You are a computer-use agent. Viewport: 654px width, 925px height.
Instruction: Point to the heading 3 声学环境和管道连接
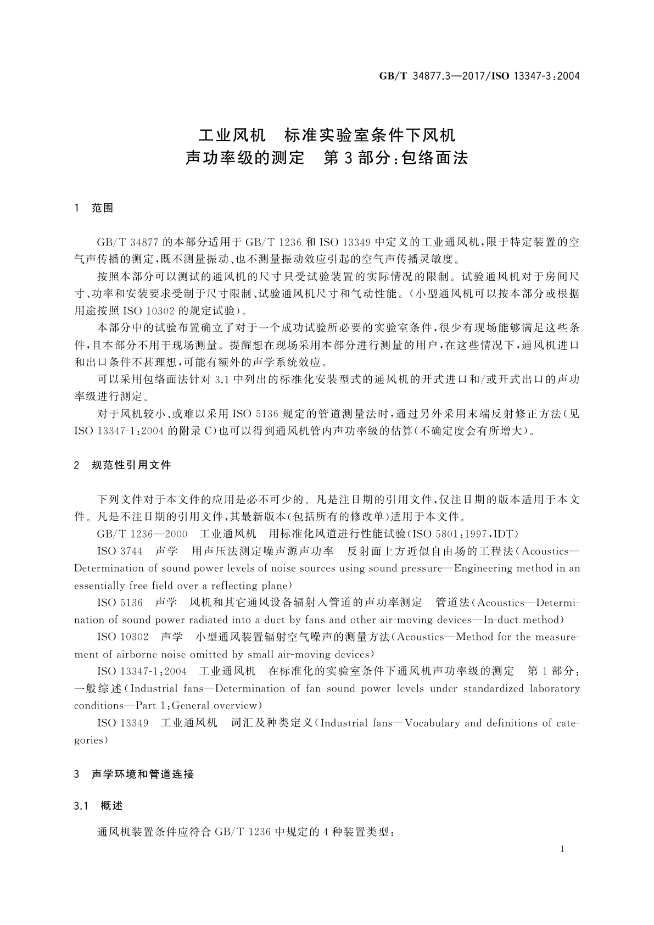(x=133, y=774)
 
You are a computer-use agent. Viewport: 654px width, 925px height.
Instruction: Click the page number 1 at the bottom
(x=562, y=849)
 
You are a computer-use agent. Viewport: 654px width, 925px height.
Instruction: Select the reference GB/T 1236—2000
(x=142, y=534)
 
